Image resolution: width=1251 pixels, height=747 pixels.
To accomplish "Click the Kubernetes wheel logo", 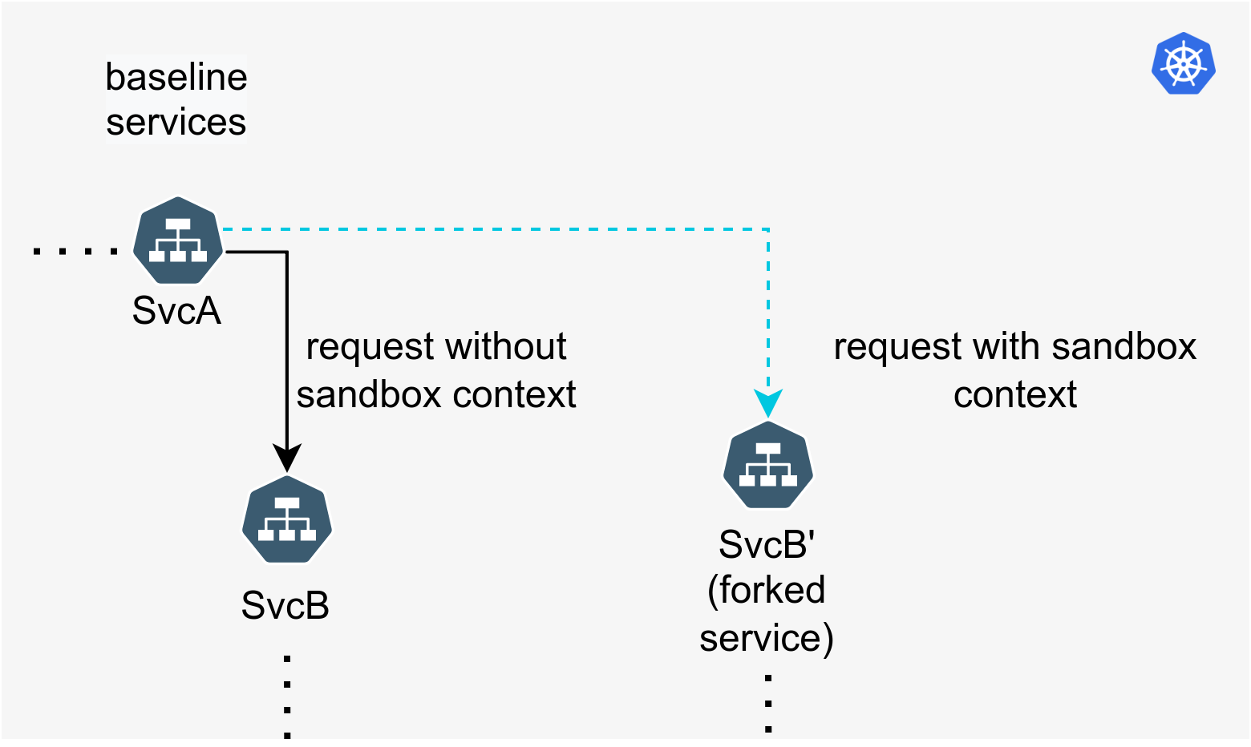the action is click(x=1184, y=63).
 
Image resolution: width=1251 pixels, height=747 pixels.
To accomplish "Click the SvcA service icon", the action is click(x=177, y=240).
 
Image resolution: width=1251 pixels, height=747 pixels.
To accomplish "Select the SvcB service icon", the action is click(x=287, y=519).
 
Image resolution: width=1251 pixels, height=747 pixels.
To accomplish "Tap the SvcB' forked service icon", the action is click(x=768, y=465).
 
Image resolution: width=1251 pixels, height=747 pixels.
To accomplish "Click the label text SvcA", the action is click(x=176, y=310).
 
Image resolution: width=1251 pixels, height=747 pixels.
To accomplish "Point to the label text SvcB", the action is click(x=285, y=605).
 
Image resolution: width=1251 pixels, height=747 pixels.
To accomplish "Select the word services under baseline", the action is click(x=176, y=123).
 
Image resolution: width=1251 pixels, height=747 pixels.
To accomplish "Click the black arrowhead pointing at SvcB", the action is click(x=287, y=458).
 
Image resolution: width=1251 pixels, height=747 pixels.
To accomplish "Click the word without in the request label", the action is click(x=506, y=346).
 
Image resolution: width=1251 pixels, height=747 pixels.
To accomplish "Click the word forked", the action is click(x=767, y=590).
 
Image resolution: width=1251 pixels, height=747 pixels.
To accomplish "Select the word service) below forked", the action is click(x=767, y=638).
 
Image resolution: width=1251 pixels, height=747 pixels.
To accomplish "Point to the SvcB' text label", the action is click(x=767, y=544).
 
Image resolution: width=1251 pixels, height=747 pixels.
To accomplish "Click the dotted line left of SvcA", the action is click(x=75, y=252).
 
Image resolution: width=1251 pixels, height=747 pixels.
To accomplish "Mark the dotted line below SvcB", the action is click(x=287, y=697).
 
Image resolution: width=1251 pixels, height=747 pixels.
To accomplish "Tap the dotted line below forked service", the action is click(x=768, y=704).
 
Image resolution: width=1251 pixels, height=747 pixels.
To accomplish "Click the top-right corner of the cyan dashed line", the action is click(x=768, y=229).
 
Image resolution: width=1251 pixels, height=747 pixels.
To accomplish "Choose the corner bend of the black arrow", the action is click(x=287, y=252).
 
